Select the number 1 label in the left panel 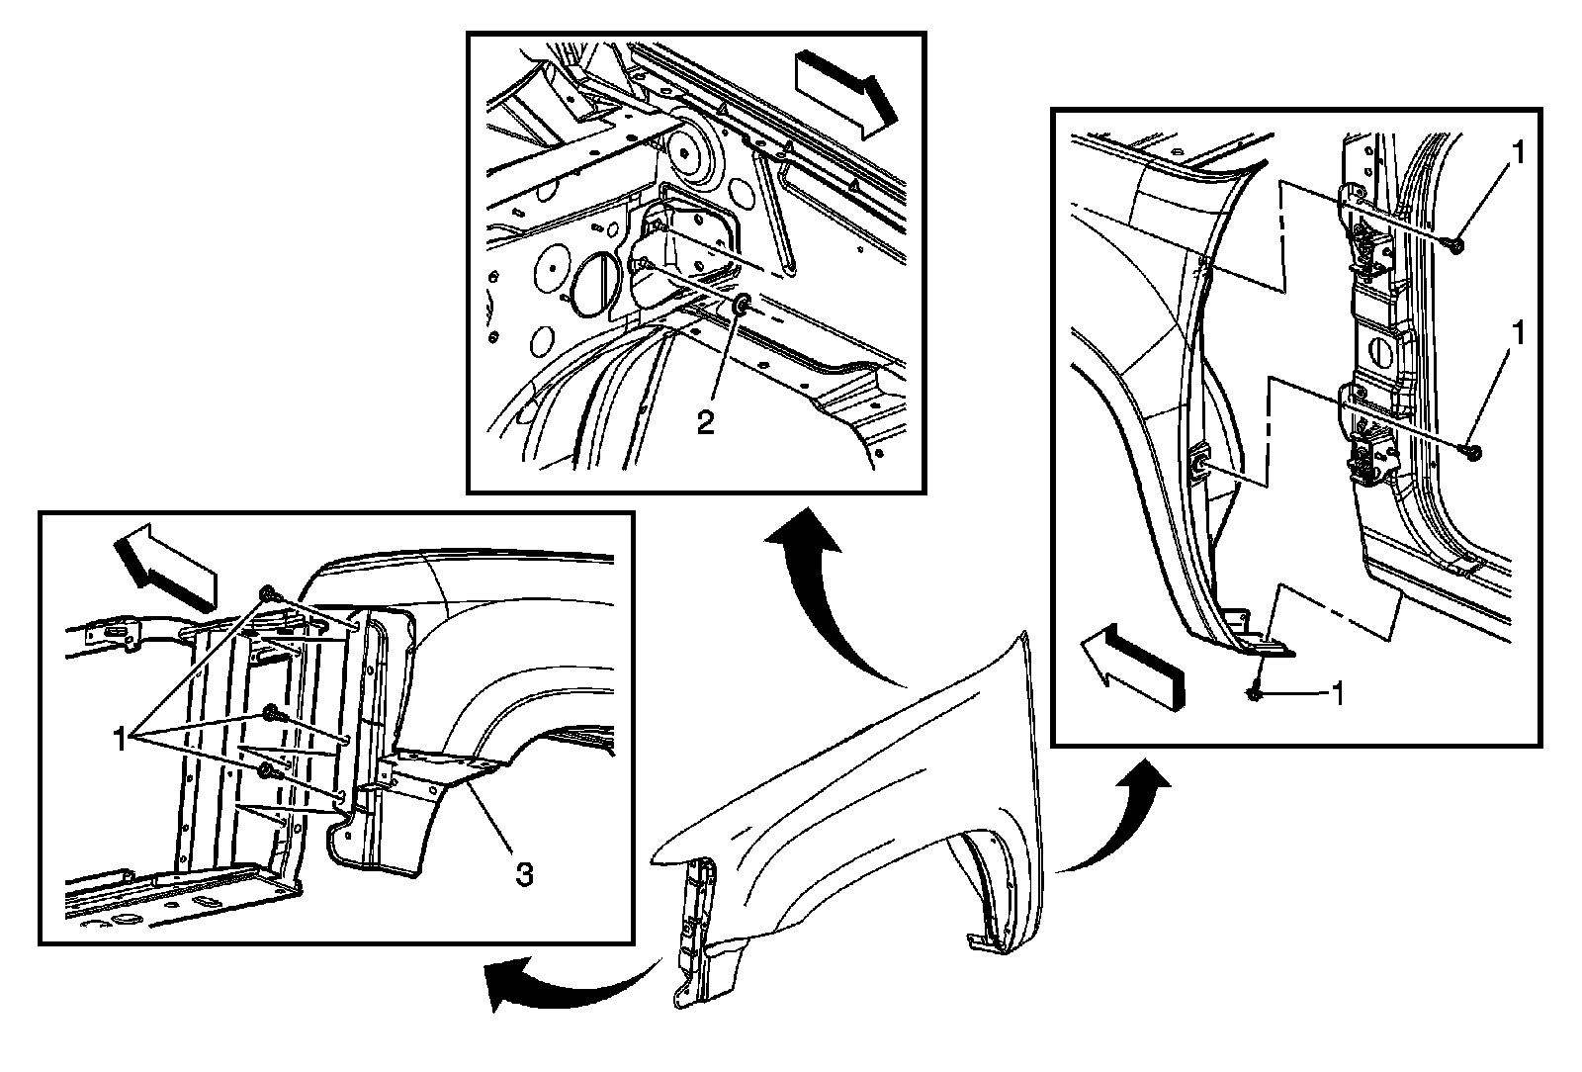(x=121, y=738)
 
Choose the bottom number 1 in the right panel (x=1336, y=694)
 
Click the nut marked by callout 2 (x=742, y=304)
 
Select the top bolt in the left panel (x=268, y=593)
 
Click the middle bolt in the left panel (x=270, y=716)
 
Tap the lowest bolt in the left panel (x=266, y=770)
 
